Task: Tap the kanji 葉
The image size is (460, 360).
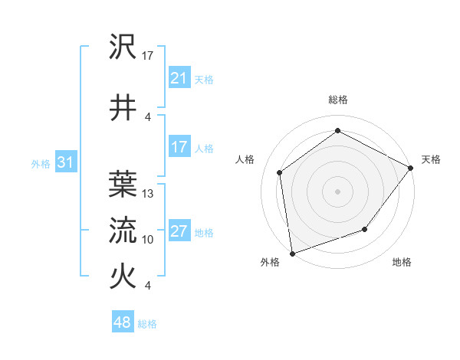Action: [123, 183]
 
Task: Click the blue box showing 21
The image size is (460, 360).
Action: [179, 79]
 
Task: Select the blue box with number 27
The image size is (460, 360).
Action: [179, 232]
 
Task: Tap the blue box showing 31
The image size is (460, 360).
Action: [65, 163]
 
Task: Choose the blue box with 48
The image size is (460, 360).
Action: [122, 323]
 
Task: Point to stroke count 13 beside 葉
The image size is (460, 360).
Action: [149, 194]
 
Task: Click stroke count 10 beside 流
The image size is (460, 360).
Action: [149, 240]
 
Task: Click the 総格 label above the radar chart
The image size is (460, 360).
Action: [338, 100]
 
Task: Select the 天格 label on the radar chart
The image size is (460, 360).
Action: [431, 159]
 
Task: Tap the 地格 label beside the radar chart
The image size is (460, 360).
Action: [402, 262]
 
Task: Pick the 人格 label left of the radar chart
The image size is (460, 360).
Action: [245, 159]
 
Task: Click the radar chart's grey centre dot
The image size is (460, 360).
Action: [337, 191]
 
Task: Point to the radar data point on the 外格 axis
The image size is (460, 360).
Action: [292, 253]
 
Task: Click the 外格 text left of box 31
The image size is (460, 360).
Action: [40, 164]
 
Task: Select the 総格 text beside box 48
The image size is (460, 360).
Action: [147, 324]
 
